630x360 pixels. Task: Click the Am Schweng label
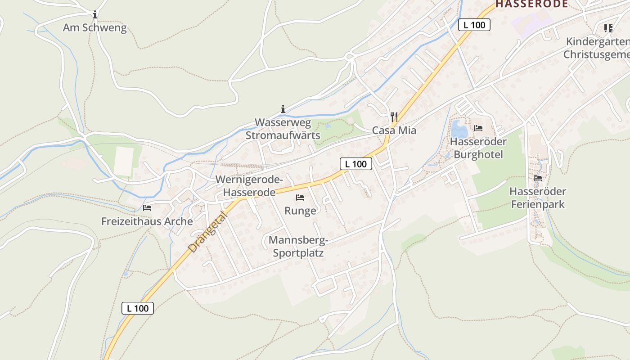click(94, 28)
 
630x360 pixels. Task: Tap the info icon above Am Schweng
click(94, 15)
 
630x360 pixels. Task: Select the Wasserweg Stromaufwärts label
click(283, 129)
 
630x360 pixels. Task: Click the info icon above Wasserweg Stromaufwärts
click(283, 109)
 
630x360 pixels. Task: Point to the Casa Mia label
click(394, 130)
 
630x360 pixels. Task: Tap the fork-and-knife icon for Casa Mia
click(394, 117)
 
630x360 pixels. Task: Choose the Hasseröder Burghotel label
click(478, 148)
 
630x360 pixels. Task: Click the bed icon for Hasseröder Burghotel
click(478, 128)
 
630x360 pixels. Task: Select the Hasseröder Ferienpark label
click(538, 198)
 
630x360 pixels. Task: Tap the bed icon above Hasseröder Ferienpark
click(538, 178)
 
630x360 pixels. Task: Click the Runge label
click(300, 211)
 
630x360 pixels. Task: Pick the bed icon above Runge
click(300, 198)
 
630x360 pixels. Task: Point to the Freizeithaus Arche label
click(147, 221)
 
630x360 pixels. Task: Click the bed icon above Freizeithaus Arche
click(147, 208)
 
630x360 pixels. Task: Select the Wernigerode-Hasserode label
click(249, 186)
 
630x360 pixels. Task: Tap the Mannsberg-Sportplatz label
click(298, 247)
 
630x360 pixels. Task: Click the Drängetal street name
click(208, 232)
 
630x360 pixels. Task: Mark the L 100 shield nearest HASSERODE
click(474, 25)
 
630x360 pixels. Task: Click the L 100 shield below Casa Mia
click(356, 164)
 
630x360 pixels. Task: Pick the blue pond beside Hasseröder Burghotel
click(459, 130)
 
